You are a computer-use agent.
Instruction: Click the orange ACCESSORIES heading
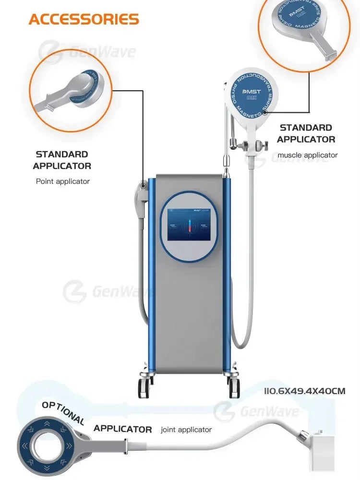(84, 19)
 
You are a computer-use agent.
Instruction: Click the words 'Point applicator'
(62, 181)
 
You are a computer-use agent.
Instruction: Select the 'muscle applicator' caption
(307, 155)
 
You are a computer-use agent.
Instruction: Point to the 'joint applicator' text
(186, 430)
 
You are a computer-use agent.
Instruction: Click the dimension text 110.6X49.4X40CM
(304, 391)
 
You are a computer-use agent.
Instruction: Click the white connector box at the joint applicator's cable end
(322, 449)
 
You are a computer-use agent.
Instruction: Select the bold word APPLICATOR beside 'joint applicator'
(122, 429)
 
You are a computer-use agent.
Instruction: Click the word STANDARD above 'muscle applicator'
(306, 128)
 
